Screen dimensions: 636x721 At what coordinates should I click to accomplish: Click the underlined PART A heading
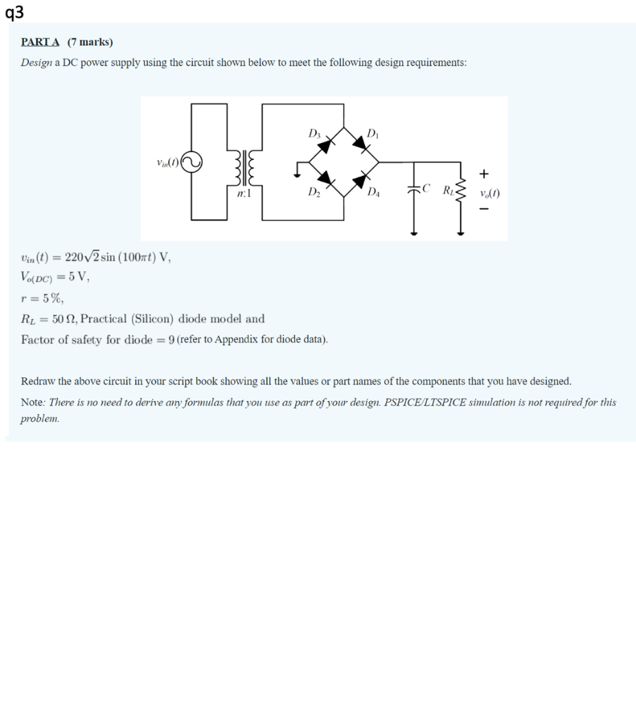pos(40,42)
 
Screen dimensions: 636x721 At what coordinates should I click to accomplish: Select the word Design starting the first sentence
pos(35,63)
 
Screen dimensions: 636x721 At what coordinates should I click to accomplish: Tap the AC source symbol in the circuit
pos(192,163)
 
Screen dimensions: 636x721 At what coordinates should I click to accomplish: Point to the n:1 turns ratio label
pos(244,192)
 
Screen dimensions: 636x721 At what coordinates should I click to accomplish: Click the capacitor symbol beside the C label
pos(415,189)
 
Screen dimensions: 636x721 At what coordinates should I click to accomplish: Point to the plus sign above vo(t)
pos(484,173)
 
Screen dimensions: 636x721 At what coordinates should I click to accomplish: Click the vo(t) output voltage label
pos(489,192)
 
